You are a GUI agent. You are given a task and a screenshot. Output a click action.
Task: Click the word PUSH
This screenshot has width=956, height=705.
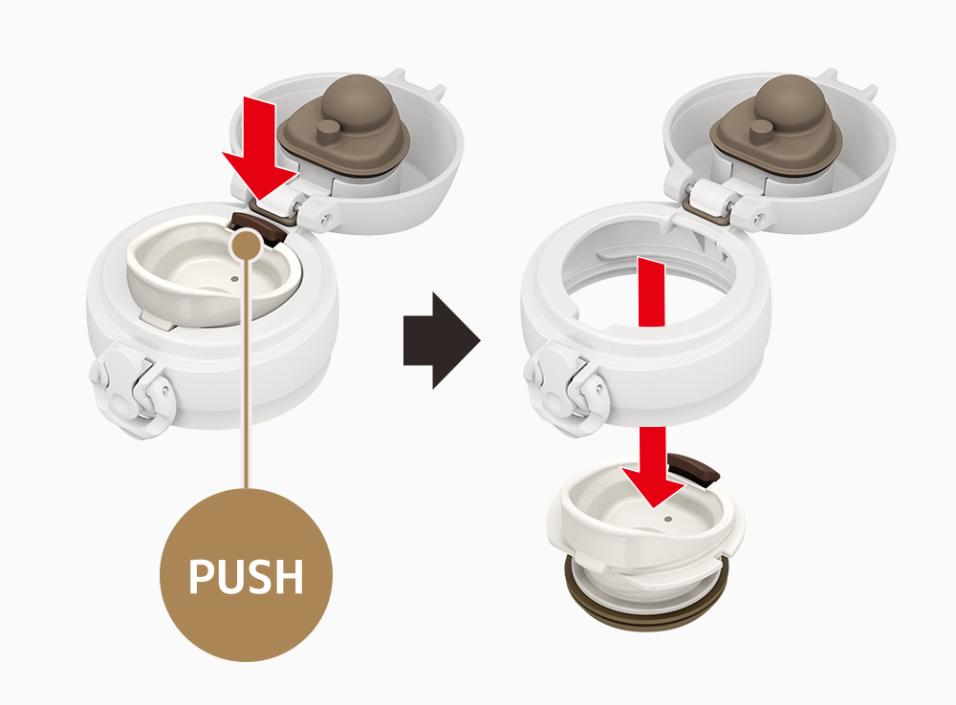click(246, 576)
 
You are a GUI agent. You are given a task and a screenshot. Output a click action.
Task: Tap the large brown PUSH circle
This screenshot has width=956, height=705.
click(246, 575)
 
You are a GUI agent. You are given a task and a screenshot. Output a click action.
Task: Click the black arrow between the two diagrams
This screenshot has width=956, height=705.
click(442, 341)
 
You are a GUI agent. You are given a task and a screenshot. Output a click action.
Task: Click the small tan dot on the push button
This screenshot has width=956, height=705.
click(247, 246)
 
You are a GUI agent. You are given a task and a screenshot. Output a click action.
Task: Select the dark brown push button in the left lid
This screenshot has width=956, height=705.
click(259, 228)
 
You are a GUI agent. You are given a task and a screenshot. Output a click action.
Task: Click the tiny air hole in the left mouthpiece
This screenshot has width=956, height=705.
click(235, 279)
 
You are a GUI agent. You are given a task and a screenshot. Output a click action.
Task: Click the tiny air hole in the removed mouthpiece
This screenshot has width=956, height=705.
click(668, 520)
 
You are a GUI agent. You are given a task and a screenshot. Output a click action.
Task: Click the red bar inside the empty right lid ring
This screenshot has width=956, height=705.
click(651, 292)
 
